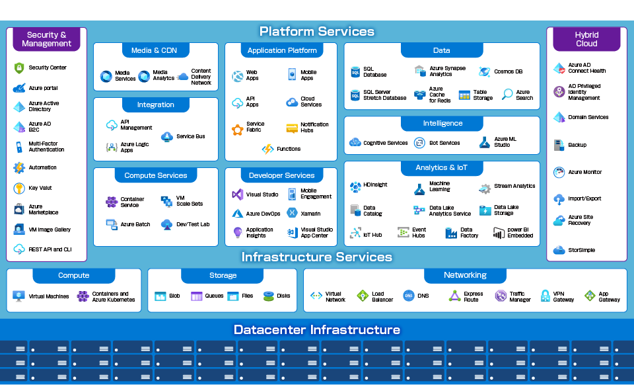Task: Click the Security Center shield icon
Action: pos(19,67)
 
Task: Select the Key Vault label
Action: pos(40,188)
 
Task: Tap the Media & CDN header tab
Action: pos(155,50)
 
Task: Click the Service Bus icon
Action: pos(166,136)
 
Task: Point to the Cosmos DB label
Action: pos(508,71)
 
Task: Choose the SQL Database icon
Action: pos(354,72)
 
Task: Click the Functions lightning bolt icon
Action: pos(267,150)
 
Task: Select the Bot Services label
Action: pos(444,143)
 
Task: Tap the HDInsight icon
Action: pos(355,186)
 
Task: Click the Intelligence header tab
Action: pos(442,123)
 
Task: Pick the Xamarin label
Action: pos(310,214)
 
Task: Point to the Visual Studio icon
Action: pos(237,194)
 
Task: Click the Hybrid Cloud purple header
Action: pos(586,39)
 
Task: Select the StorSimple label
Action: pos(582,250)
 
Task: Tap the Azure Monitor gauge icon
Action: pos(559,173)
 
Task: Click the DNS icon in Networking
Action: pos(408,296)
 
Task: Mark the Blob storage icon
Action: pos(160,296)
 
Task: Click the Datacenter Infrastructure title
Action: pos(317,329)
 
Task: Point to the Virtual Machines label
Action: pos(49,296)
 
